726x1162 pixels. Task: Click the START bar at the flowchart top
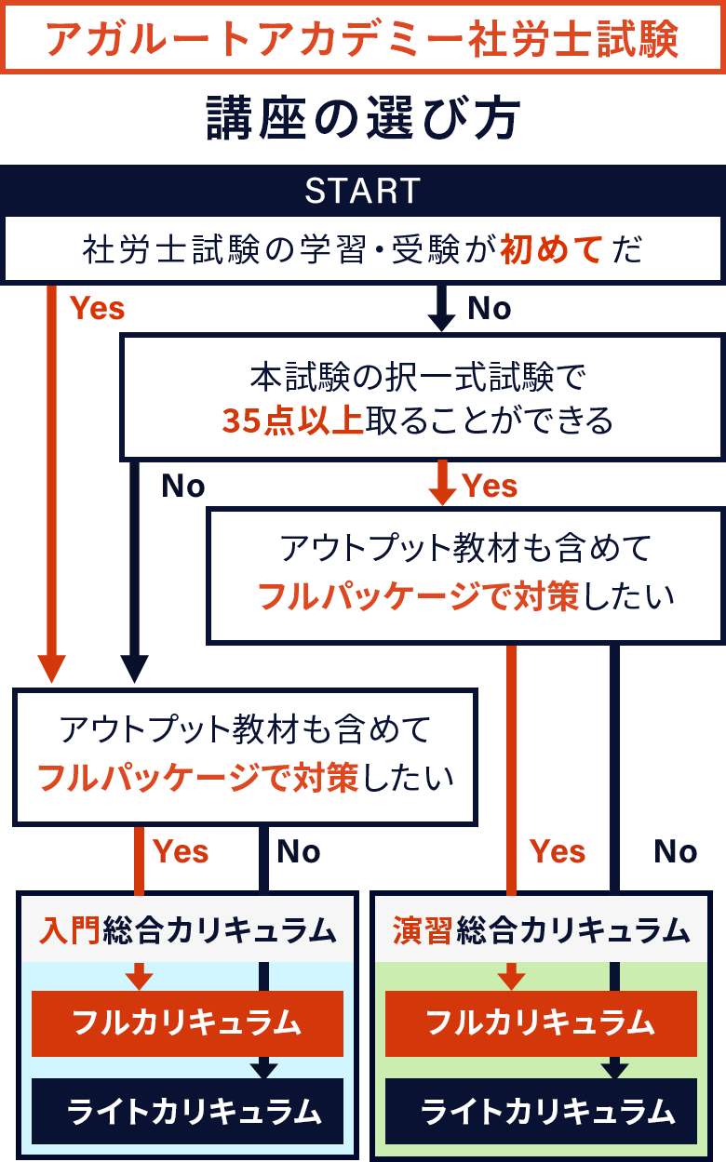362,191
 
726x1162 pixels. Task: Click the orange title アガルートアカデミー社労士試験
362,38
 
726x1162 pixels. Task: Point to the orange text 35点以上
292,421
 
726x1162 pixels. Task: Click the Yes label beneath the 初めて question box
98,308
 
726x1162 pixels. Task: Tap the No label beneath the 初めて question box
489,308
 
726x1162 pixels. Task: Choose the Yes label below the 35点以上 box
490,486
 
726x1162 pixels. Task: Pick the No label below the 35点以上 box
183,486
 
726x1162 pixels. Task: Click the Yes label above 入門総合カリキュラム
181,851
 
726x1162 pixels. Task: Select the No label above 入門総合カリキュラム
299,851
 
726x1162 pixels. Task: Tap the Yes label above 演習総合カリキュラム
558,851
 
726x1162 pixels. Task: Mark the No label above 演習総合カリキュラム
676,851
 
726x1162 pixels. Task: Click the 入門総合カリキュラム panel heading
187,929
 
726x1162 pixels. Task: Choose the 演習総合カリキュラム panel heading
541,929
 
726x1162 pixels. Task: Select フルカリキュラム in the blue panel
187,1023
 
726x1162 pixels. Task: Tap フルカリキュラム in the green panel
541,1023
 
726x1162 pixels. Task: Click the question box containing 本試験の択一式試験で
422,397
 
